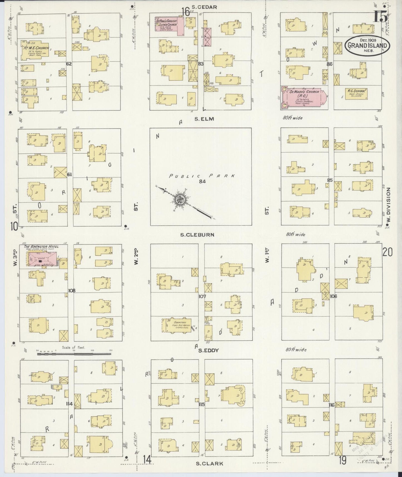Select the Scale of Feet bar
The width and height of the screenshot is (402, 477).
pos(74,354)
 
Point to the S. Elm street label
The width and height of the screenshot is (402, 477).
pos(204,119)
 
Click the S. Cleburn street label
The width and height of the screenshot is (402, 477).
pos(197,235)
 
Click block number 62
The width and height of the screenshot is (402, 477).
pos(69,64)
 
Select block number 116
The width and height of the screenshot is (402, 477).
pos(331,405)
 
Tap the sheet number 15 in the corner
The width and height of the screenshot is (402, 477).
pos(380,17)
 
